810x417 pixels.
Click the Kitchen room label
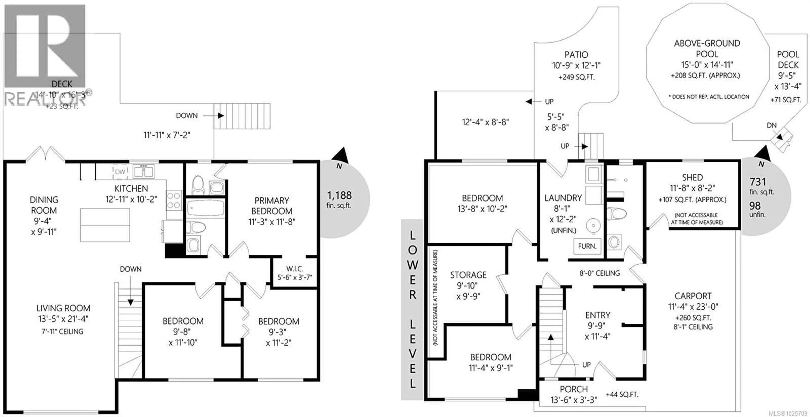[131, 188]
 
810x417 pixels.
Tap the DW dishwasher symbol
[120, 172]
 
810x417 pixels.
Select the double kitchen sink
[143, 172]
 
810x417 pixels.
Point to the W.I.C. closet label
[295, 269]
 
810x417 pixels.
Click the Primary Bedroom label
[272, 206]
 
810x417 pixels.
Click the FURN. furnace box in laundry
[587, 246]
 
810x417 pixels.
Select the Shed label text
[692, 178]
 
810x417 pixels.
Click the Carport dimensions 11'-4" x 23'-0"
[693, 306]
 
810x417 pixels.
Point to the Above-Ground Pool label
[707, 48]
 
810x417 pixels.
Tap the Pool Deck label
[788, 60]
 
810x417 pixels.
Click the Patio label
[576, 55]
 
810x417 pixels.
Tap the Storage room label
[468, 275]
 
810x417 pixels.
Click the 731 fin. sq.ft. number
[757, 182]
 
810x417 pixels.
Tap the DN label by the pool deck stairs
[771, 125]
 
